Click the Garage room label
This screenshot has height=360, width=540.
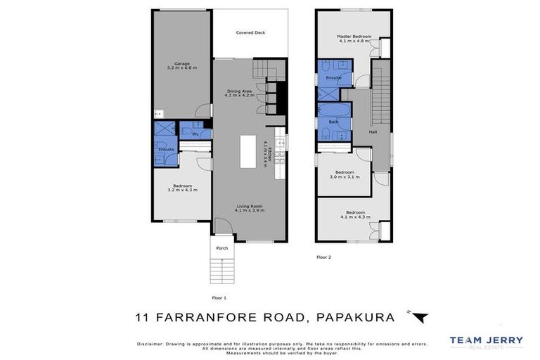[181, 65]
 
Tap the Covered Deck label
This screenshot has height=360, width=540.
[250, 33]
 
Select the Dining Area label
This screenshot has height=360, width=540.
[239, 92]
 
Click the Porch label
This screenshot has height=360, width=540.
[221, 248]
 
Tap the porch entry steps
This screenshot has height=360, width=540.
[221, 270]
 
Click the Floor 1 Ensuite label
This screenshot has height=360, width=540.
[167, 150]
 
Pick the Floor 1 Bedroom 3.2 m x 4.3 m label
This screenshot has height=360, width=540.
[181, 188]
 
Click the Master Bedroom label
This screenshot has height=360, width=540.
[354, 38]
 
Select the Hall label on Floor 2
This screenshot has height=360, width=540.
[373, 132]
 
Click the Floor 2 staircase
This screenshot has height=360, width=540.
[380, 95]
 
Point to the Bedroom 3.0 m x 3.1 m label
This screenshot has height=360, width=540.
[345, 174]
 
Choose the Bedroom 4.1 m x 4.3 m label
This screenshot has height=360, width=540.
[354, 214]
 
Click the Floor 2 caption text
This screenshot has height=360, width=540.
[323, 257]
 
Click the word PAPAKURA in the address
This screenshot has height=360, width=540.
[356, 317]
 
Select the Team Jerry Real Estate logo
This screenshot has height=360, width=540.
[486, 342]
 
